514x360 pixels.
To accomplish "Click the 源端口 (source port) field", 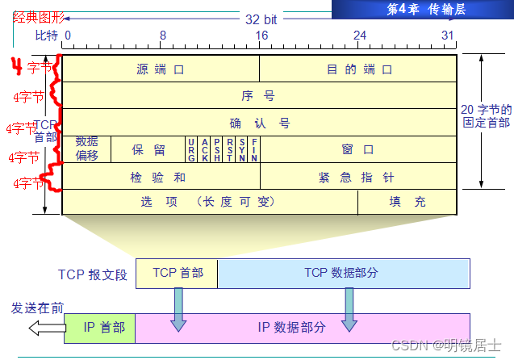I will point(161,69).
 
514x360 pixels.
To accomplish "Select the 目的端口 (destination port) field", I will point(359,69).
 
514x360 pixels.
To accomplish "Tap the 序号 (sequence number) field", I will point(259,96).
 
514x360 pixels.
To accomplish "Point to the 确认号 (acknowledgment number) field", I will point(259,123).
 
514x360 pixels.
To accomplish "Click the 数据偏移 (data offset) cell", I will point(87,149).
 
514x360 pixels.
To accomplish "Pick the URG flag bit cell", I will point(191,149).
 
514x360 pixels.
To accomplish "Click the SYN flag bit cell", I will point(242,149).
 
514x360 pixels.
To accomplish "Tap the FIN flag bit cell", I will point(254,149).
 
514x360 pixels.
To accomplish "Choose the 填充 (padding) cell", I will point(407,203).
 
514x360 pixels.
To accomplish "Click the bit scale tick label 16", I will point(261,36).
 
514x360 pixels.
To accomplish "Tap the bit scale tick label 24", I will point(360,36).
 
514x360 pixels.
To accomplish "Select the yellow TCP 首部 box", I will point(176,274).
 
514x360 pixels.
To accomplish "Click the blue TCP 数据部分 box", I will point(343,274).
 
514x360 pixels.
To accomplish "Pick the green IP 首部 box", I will point(99,327).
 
